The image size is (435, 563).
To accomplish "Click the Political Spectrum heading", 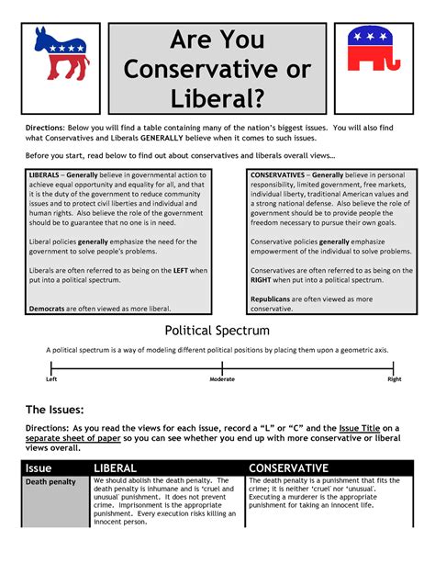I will point(217,330).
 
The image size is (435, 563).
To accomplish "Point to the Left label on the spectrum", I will point(52,378).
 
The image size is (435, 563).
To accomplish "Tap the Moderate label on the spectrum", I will point(222,378).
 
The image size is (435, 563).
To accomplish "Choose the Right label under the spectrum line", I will point(394,378).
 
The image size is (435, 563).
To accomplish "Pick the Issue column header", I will point(39,467).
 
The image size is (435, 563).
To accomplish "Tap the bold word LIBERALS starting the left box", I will point(47,175).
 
